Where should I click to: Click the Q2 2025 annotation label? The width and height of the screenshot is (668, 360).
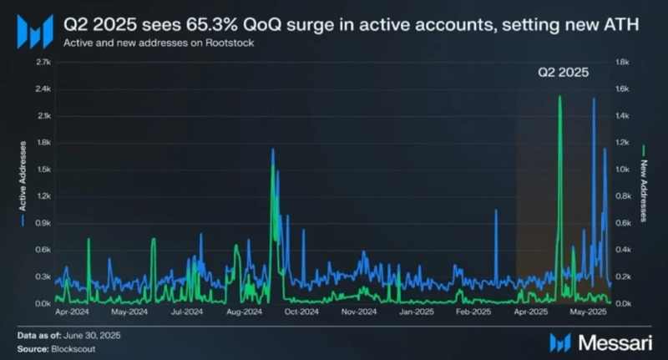[x=562, y=73]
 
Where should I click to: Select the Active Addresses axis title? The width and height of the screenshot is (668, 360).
[x=23, y=184]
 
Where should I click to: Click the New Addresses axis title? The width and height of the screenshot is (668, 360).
[x=644, y=184]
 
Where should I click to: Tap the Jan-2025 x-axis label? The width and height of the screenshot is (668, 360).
[x=415, y=313]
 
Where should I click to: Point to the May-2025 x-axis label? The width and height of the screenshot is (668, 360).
[x=588, y=313]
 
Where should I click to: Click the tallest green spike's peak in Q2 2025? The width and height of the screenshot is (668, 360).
[x=559, y=97]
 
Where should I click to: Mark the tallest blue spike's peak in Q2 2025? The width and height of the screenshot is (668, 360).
[x=594, y=99]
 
